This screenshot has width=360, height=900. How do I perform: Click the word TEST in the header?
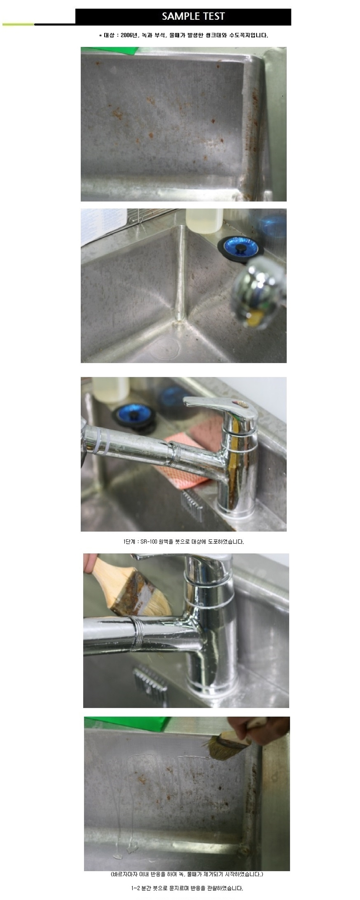tap(214, 16)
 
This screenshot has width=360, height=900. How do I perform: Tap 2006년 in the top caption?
tap(129, 35)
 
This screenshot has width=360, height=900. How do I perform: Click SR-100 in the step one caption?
tap(149, 542)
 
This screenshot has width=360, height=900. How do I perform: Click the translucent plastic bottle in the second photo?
tap(204, 221)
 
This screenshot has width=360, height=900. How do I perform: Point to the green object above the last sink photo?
tap(128, 724)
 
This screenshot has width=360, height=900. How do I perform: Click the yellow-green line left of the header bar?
tap(18, 25)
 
